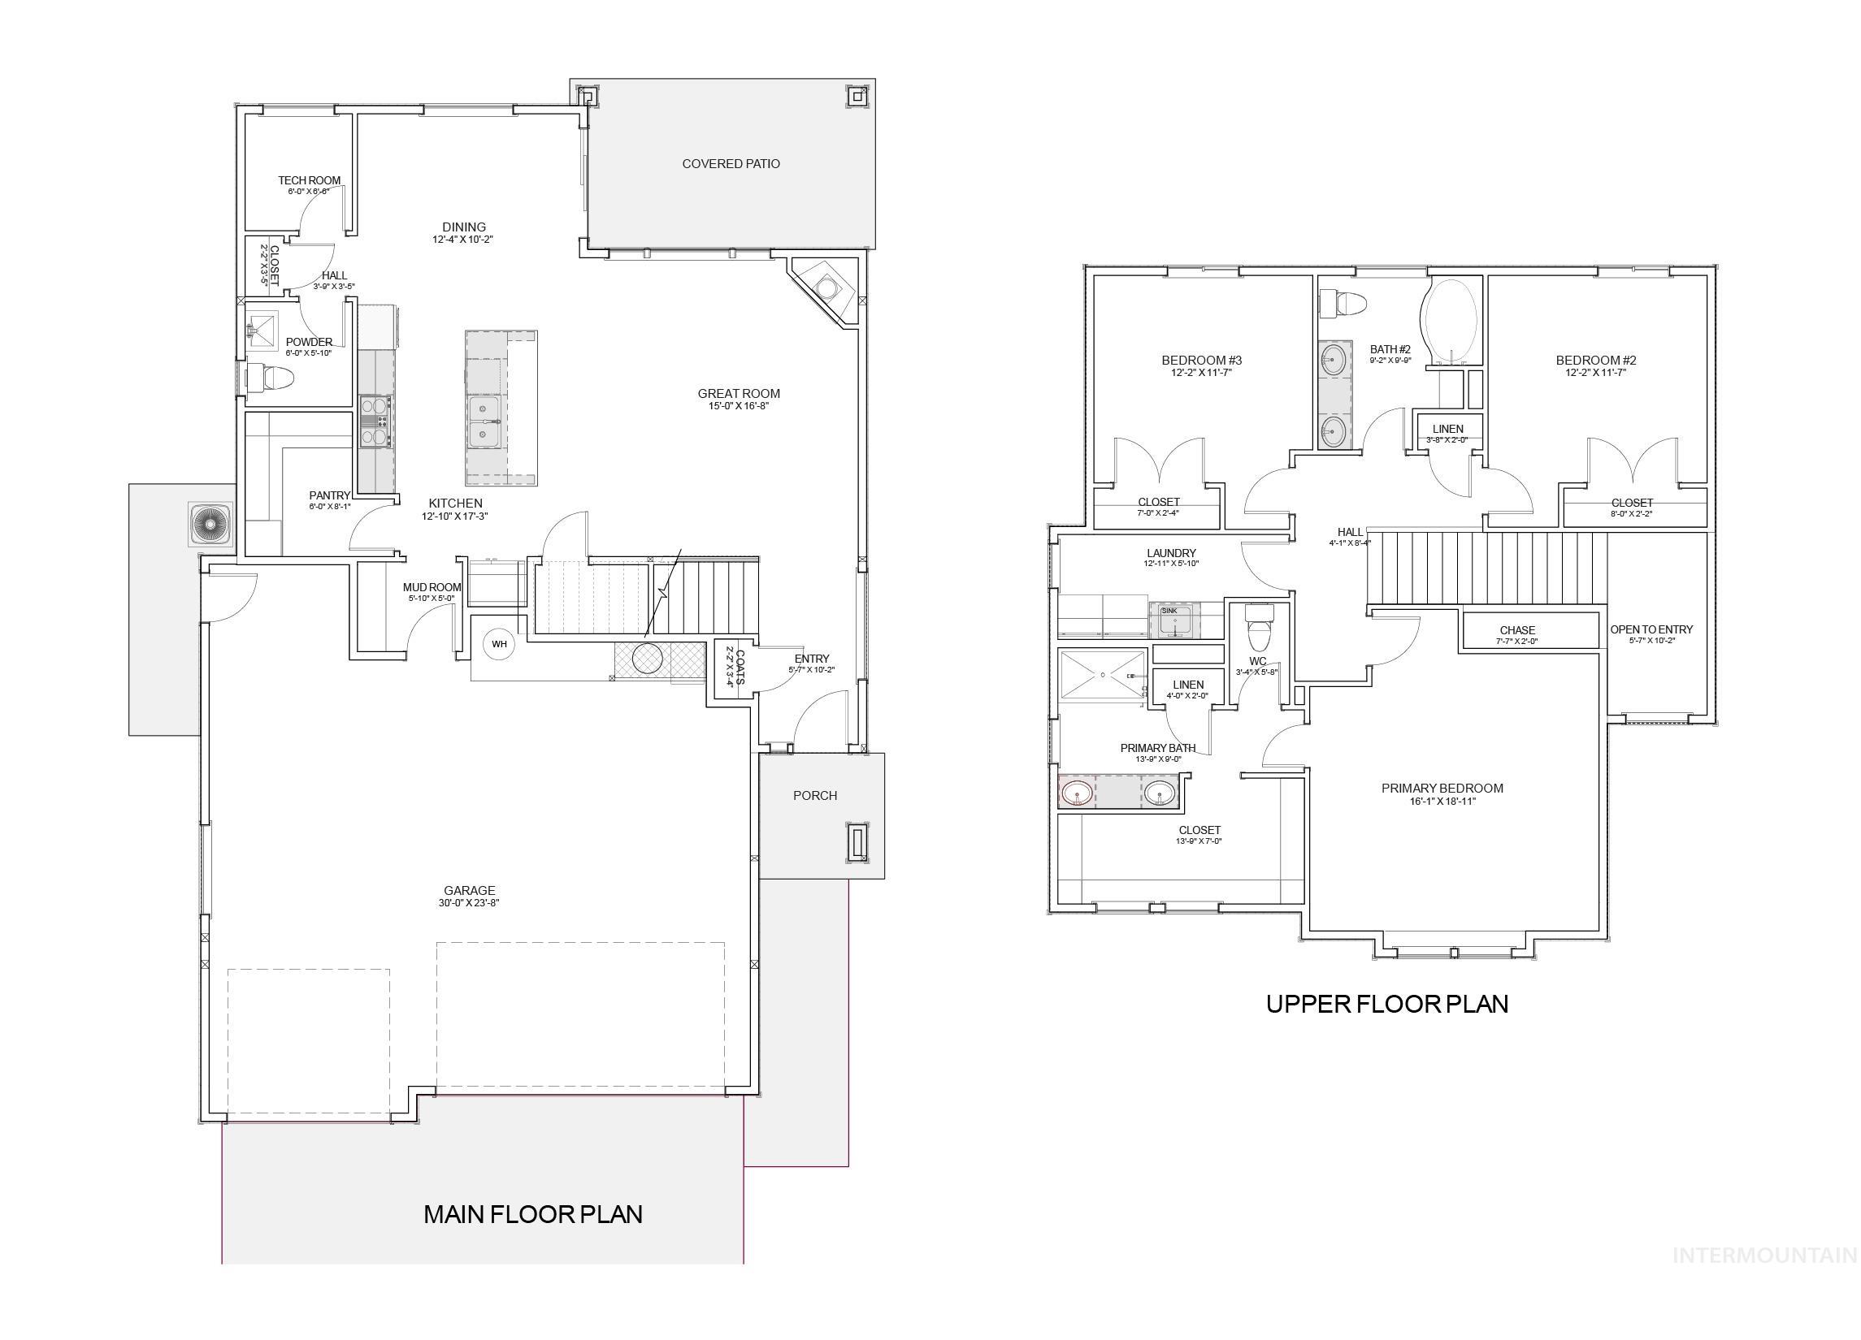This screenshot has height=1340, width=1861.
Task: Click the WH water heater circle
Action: point(499,644)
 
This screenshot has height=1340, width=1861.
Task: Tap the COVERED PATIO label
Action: point(731,164)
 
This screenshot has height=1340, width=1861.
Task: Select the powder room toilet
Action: point(271,378)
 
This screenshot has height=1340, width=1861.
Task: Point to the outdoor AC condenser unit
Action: point(210,524)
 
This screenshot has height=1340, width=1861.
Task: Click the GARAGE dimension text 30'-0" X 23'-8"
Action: point(469,903)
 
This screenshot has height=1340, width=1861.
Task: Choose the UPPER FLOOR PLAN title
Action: point(1386,1004)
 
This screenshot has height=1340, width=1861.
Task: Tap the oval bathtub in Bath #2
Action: point(1451,321)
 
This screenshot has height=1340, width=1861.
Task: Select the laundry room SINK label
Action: point(1169,611)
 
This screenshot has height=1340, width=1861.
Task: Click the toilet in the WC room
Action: point(1257,627)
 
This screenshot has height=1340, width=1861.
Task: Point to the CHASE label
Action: point(1517,631)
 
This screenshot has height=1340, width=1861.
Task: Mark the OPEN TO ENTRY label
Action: point(1651,630)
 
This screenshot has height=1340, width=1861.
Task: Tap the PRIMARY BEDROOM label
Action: point(1442,788)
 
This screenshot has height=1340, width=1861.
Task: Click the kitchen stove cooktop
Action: point(375,421)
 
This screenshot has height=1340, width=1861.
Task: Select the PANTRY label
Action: point(329,495)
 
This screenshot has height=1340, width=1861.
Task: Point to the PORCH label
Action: point(815,795)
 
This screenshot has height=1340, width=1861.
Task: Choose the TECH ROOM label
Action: point(309,180)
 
